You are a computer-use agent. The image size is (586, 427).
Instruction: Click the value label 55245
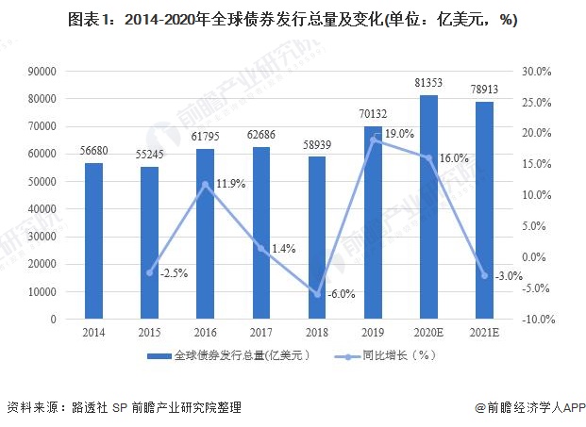coord(150,153)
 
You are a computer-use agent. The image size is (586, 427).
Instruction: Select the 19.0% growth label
coord(398,134)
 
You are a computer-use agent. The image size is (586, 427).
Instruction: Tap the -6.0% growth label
coord(341,294)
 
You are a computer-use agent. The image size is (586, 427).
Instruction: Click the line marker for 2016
coord(206,184)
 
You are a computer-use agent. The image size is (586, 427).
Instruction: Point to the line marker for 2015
coord(150,272)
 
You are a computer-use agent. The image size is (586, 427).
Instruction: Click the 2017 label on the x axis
coord(261,333)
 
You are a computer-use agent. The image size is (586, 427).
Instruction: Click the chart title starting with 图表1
coord(293,20)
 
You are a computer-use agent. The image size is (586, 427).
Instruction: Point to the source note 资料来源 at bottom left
coord(123,408)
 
